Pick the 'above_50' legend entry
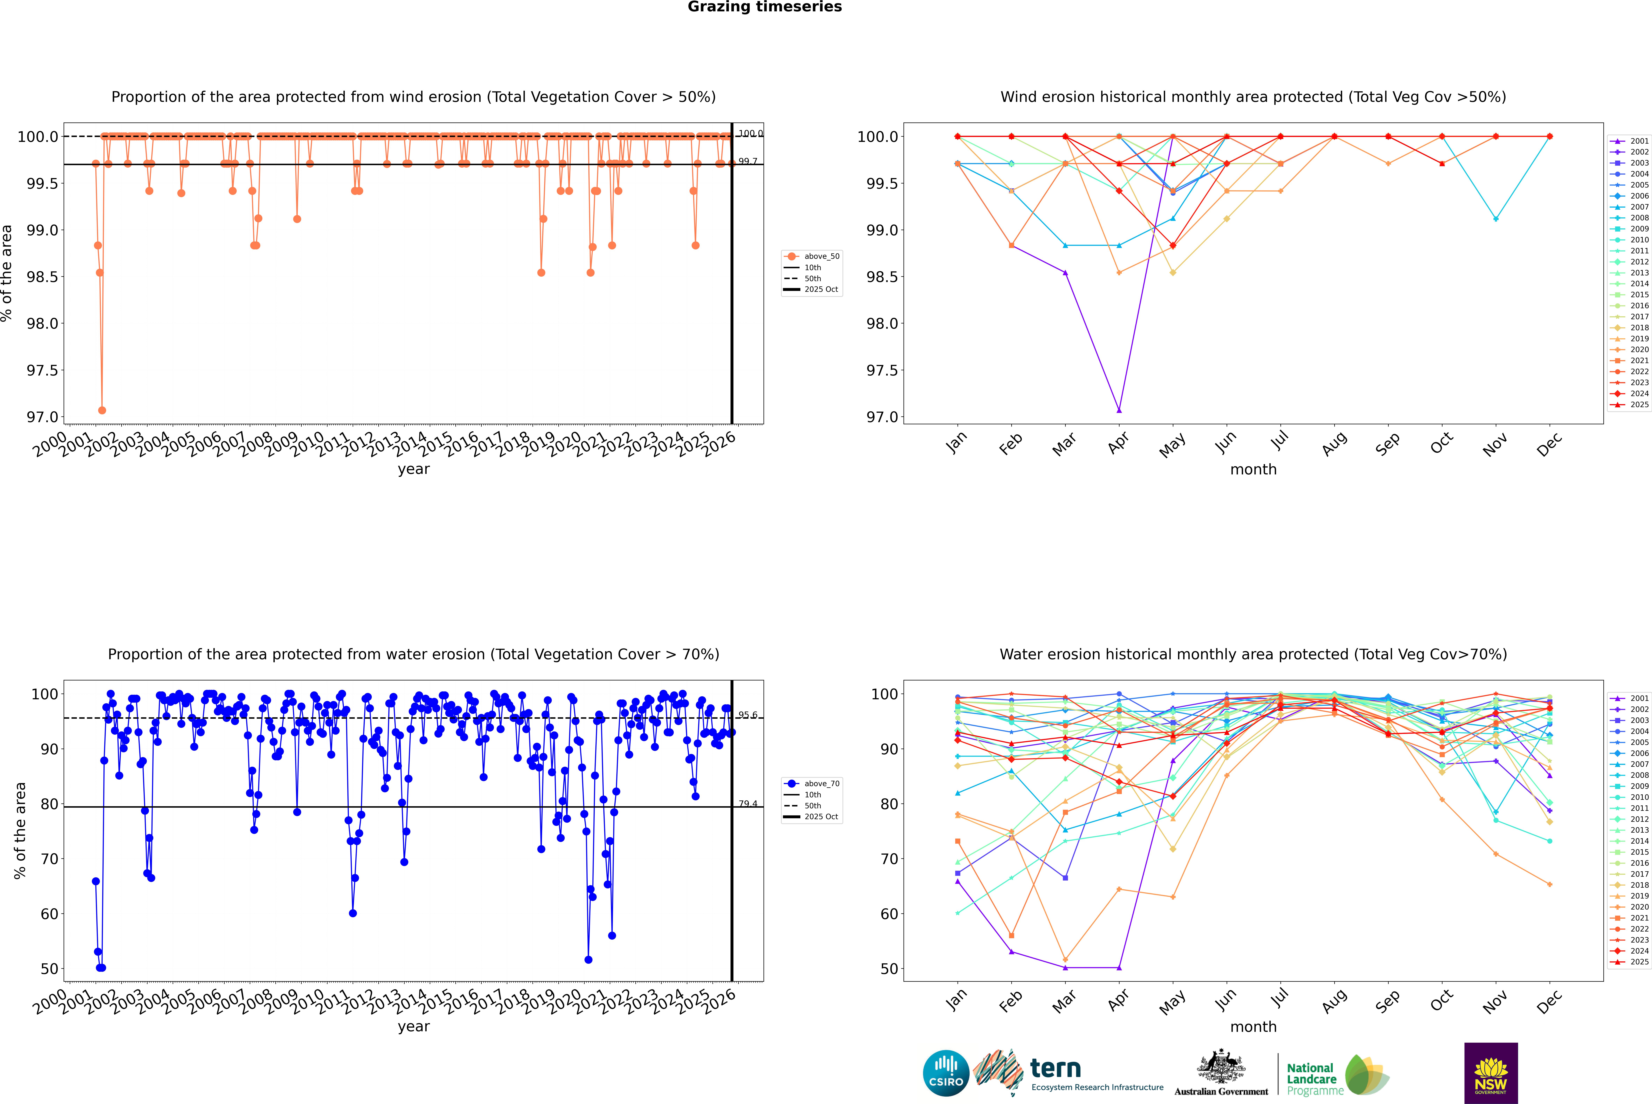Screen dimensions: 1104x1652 (821, 256)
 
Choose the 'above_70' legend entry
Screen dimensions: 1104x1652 (821, 784)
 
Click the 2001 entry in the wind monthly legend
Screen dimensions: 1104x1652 (1639, 141)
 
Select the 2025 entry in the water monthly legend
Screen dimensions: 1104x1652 (1639, 962)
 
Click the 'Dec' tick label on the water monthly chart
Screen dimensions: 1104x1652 (1549, 1001)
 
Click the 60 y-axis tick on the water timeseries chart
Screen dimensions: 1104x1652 (49, 914)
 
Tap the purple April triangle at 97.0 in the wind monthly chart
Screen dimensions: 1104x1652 (1119, 410)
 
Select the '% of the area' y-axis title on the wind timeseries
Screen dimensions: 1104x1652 (7, 273)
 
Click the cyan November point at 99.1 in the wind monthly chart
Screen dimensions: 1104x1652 (1496, 219)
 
